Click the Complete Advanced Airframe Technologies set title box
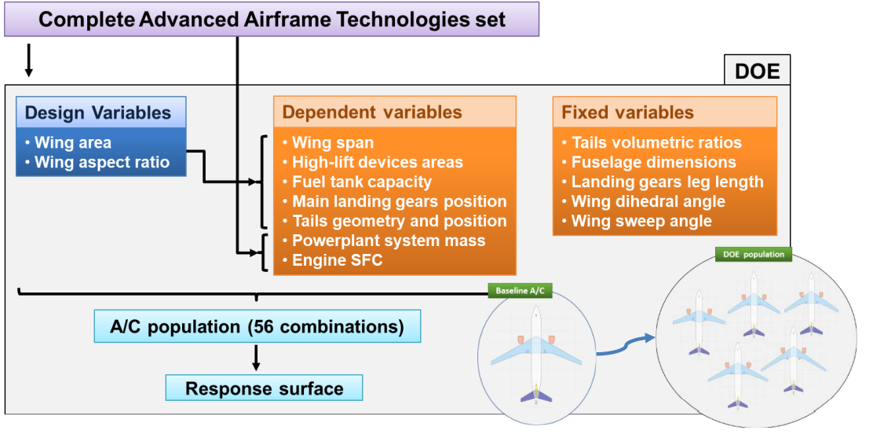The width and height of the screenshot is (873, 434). click(x=272, y=20)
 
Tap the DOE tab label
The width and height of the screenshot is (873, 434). click(x=757, y=71)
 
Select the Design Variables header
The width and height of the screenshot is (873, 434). click(x=100, y=112)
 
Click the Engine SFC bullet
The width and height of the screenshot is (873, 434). click(x=332, y=260)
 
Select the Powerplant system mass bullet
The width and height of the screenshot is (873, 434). click(x=384, y=241)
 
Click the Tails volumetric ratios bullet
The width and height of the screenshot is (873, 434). click(x=652, y=143)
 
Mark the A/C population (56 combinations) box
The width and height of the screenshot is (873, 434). click(x=258, y=326)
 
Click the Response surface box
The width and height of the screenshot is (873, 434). click(x=265, y=388)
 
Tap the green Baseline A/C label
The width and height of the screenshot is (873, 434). click(x=520, y=290)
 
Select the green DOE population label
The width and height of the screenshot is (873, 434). click(x=754, y=255)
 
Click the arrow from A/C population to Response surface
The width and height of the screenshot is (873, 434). click(x=256, y=358)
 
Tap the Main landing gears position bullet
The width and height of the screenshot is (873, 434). click(x=394, y=201)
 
